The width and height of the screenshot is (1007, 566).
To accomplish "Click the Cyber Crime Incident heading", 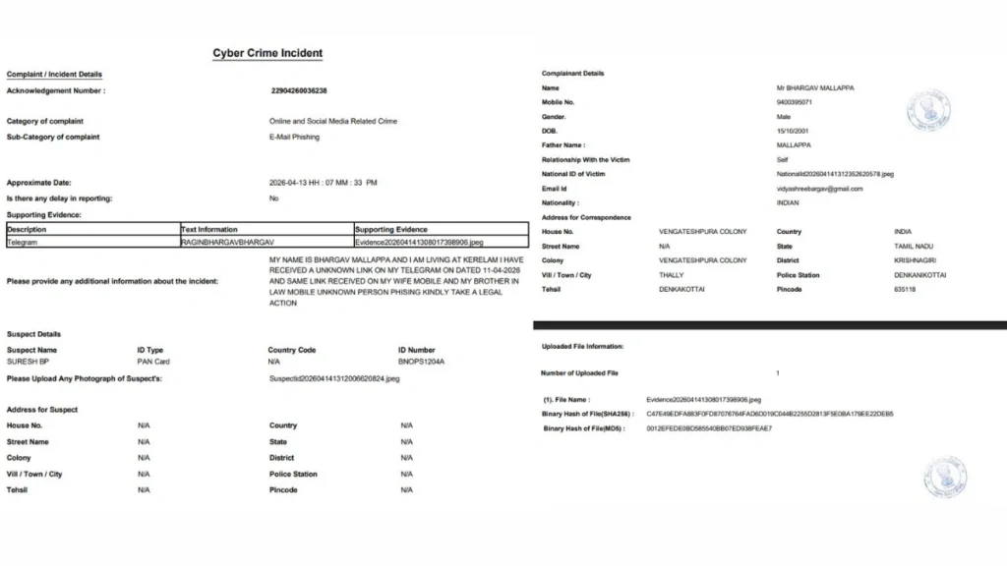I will [x=267, y=53].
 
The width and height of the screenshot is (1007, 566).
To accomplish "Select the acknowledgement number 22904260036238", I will [x=298, y=90].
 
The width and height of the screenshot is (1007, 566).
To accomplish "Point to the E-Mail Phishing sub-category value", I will [x=294, y=138].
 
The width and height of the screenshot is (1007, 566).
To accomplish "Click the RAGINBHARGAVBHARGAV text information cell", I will [x=227, y=241].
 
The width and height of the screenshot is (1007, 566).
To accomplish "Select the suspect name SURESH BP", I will [x=28, y=362].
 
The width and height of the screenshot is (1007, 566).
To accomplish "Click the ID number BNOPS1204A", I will [x=422, y=362].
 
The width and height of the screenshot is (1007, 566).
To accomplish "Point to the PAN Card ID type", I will [x=153, y=362].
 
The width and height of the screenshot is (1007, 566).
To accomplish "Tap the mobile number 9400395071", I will [x=795, y=102].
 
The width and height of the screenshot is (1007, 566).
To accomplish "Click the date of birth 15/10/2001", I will [x=793, y=131].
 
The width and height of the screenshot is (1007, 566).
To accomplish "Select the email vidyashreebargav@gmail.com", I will [x=819, y=189].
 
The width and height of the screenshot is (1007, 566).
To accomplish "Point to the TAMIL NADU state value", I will [x=915, y=246].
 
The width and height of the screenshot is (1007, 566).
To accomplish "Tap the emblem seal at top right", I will [x=928, y=110].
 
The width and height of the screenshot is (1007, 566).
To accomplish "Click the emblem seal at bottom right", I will [x=944, y=478].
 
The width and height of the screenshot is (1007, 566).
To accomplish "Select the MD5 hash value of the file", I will [x=709, y=428].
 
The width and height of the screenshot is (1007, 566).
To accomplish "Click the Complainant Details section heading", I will [x=572, y=74].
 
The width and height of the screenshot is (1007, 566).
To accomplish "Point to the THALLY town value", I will [x=671, y=275].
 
